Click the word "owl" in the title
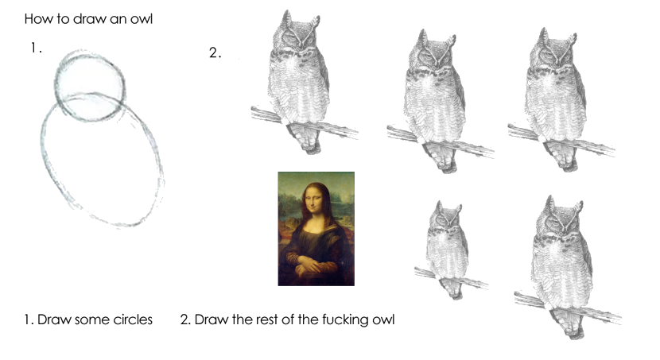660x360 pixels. (x=142, y=19)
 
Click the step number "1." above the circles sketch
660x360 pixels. (x=37, y=48)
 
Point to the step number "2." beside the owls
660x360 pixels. (x=215, y=52)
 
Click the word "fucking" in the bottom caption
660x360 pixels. (x=345, y=320)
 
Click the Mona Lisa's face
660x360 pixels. (x=313, y=201)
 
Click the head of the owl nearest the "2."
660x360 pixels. (x=297, y=34)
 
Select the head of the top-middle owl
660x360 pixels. (x=433, y=53)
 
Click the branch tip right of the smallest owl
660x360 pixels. (x=487, y=285)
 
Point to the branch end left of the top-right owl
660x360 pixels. (x=511, y=129)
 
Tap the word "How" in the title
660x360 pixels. (x=34, y=19)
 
